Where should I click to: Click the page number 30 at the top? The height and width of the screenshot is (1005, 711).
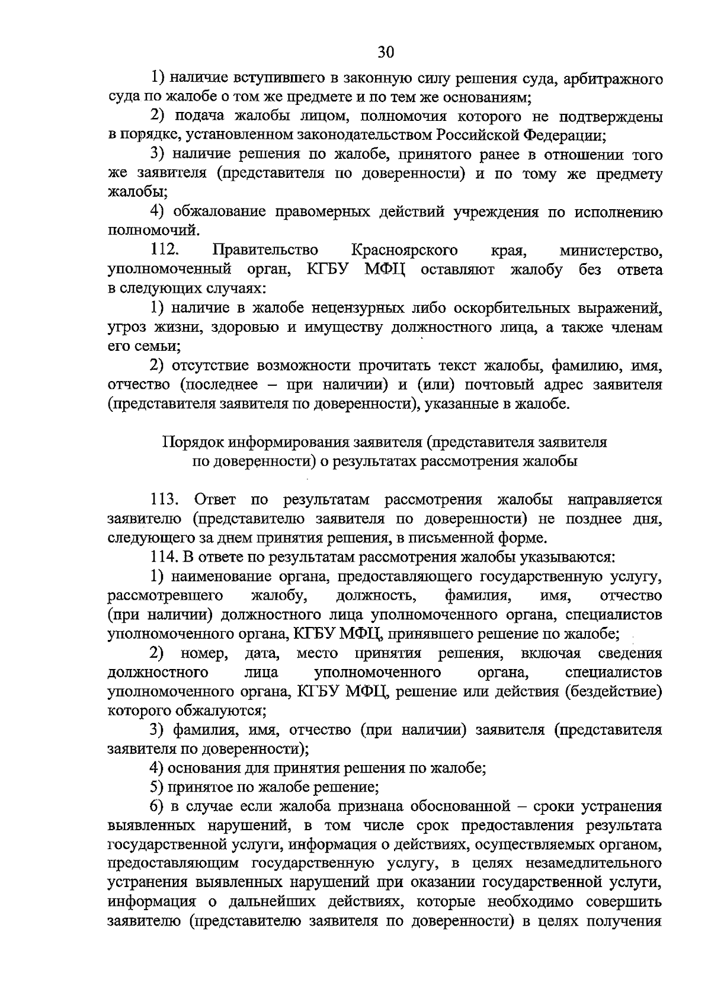click(386, 52)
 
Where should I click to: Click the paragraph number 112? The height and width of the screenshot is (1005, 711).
click(168, 251)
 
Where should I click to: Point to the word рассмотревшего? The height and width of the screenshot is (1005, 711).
click(165, 595)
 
